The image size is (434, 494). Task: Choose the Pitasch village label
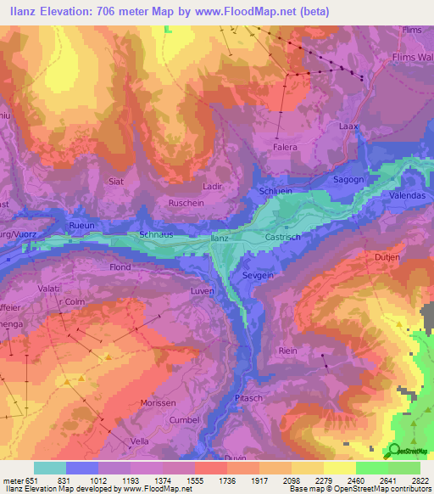(x=250, y=396)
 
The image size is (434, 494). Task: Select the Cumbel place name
(x=185, y=420)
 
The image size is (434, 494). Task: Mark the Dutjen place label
(x=387, y=255)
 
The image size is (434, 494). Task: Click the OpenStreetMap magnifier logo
(x=395, y=451)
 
